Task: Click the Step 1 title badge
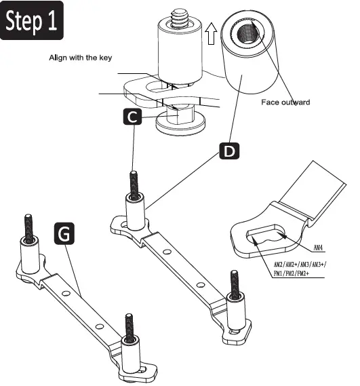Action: tap(33, 22)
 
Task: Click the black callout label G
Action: tap(64, 234)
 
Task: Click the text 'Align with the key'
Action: tap(80, 58)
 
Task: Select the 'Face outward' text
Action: tap(285, 102)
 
